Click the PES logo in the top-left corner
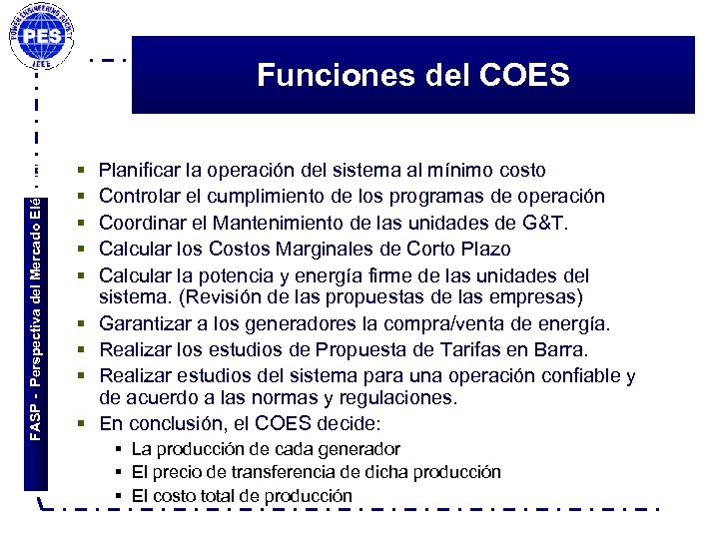pos(45,38)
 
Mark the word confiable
pos(576,375)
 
